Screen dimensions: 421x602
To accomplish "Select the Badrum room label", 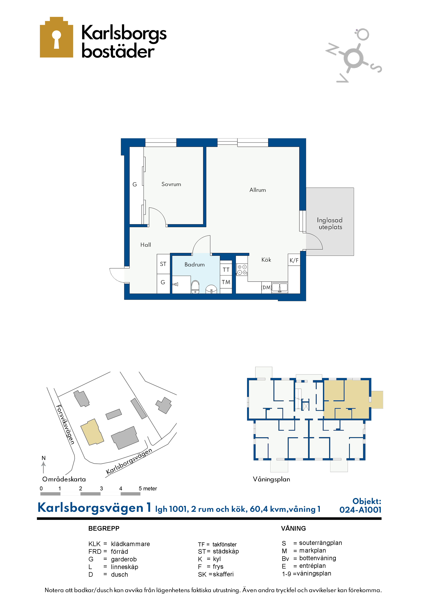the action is [194, 265].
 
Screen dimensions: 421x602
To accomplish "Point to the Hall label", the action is [146, 245].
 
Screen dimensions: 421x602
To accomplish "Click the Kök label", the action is [266, 260].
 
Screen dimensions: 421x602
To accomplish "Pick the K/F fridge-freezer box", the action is [294, 260].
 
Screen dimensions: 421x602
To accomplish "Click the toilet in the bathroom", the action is [195, 287].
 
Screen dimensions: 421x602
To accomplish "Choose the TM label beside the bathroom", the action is [226, 282].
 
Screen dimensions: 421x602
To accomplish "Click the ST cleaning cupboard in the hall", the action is [163, 264].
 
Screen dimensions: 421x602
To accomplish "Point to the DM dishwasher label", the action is [266, 287].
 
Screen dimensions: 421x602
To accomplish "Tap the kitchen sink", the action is [280, 287].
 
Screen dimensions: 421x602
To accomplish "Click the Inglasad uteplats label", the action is [330, 223].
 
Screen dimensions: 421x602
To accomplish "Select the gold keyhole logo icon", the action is [56, 37].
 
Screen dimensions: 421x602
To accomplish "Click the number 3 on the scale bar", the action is [101, 488].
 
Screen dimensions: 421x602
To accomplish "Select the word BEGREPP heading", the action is [104, 528].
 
